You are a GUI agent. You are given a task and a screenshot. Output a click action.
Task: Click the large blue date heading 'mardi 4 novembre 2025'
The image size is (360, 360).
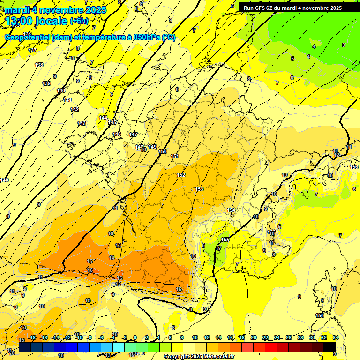(56, 10)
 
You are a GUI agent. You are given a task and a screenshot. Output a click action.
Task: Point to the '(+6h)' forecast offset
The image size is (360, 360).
(78, 21)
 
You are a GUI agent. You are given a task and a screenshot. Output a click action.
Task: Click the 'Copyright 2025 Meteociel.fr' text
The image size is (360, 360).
(199, 356)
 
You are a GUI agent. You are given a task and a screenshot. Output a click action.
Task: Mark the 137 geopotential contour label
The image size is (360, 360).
(32, 50)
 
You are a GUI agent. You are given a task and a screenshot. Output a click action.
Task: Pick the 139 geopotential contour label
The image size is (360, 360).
(47, 83)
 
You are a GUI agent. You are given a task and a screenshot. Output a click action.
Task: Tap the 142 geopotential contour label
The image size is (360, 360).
(75, 109)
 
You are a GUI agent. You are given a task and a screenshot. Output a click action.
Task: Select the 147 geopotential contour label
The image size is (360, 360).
(133, 135)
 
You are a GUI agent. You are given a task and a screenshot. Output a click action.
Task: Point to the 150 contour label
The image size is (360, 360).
(163, 151)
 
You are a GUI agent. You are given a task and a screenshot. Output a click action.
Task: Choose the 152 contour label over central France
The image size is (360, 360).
(181, 175)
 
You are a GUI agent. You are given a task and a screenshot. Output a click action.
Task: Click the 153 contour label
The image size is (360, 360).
(199, 189)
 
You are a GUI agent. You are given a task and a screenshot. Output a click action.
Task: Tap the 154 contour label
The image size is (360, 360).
(231, 210)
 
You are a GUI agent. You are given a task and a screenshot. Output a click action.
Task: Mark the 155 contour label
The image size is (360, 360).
(225, 240)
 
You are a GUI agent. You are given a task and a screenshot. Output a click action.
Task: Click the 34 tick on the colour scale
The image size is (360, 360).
(336, 337)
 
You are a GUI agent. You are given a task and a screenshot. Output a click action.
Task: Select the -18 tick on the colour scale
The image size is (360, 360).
(32, 337)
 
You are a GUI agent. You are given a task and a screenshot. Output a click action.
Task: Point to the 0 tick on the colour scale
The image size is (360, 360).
(135, 337)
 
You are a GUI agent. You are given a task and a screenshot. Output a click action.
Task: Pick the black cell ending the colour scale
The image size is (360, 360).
(329, 346)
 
